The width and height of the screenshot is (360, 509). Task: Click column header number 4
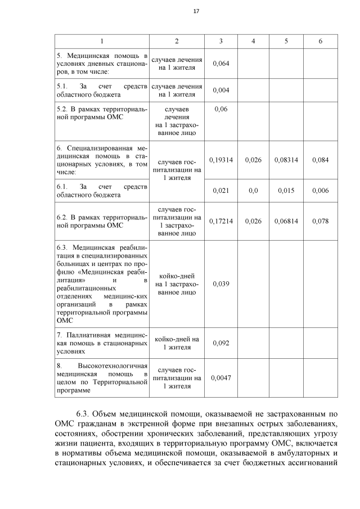(x=253, y=42)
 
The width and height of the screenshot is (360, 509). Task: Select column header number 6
(x=320, y=42)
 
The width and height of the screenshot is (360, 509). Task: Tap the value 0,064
(x=220, y=63)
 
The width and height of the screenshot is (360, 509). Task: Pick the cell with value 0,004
(x=220, y=91)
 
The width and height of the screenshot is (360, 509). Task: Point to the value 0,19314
(x=220, y=160)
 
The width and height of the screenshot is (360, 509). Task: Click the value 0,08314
(x=286, y=160)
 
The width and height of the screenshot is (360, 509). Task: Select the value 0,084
(x=320, y=160)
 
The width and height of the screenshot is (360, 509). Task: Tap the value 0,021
(x=220, y=191)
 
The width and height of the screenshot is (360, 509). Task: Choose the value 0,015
(x=286, y=191)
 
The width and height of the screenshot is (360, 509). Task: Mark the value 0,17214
(x=220, y=221)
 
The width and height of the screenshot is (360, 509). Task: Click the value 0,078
(x=320, y=221)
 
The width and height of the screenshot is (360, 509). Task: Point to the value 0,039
(x=220, y=284)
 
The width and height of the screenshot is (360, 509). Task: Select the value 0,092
(x=220, y=343)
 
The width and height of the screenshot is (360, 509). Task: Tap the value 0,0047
(x=220, y=378)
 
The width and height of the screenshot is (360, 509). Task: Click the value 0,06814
(x=286, y=221)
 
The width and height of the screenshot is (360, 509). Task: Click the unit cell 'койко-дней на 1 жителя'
(x=177, y=343)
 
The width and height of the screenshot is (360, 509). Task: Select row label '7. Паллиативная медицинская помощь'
(x=102, y=343)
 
